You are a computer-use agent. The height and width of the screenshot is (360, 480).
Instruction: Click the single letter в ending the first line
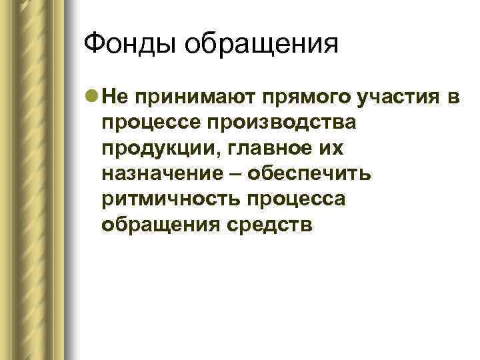453,97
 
